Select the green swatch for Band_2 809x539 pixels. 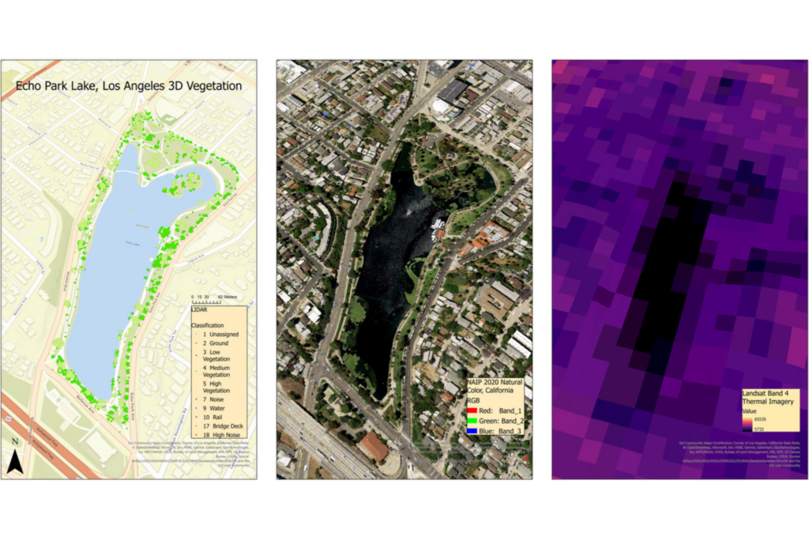472,421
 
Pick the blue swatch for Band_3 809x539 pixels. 472,431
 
